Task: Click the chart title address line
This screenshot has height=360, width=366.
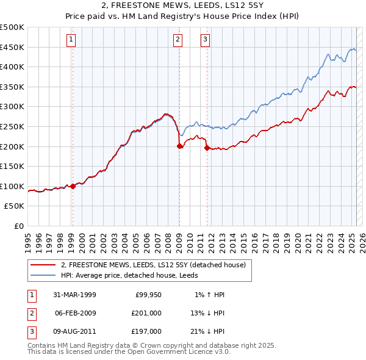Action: [183, 5]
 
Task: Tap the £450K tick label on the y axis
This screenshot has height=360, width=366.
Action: [12, 47]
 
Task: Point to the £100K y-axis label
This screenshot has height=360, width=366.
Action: [12, 186]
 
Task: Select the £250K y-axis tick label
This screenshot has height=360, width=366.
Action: [12, 126]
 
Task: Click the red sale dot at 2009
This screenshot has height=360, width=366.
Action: [179, 146]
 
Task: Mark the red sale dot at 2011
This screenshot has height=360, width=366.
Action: [207, 148]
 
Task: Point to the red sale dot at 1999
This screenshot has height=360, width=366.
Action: [73, 186]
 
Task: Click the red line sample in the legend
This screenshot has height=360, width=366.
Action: [43, 265]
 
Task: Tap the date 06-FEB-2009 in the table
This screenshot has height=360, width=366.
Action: [76, 313]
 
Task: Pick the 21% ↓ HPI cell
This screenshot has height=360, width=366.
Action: [206, 331]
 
